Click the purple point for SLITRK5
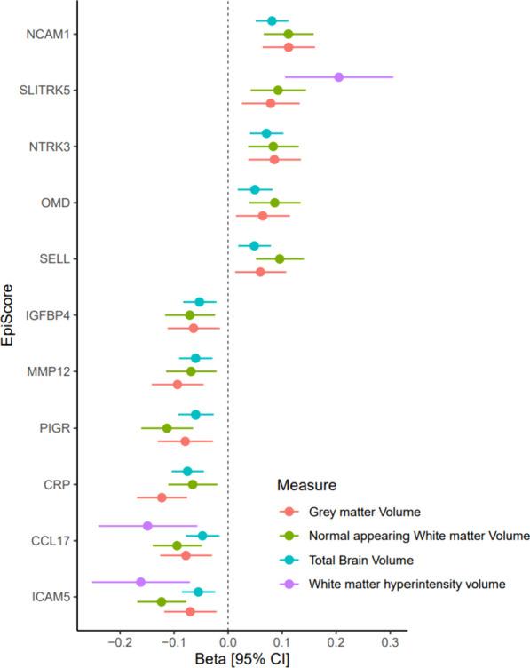click(338, 76)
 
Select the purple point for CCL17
click(148, 526)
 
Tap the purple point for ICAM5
click(140, 582)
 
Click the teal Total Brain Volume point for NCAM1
click(272, 20)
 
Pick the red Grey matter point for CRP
click(162, 497)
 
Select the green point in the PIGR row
click(167, 428)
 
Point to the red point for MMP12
click(178, 385)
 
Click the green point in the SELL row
click(280, 258)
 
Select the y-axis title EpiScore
click(10, 314)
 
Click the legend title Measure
click(305, 486)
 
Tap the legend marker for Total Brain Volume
click(288, 560)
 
